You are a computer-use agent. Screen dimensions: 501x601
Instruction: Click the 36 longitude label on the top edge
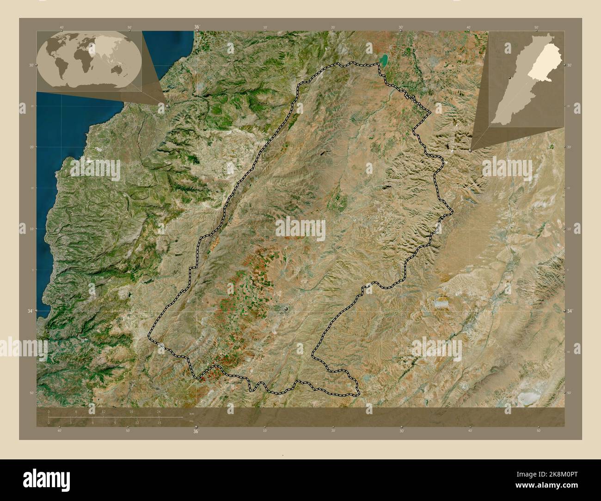[196, 27]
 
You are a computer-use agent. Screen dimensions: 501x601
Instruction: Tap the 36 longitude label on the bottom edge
[196, 432]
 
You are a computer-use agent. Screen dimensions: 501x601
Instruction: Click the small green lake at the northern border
[384, 59]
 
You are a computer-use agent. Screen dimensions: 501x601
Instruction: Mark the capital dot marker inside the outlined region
[287, 308]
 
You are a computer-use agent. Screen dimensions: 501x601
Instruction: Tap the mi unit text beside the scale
[191, 422]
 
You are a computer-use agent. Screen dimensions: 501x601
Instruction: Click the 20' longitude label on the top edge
[333, 27]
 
